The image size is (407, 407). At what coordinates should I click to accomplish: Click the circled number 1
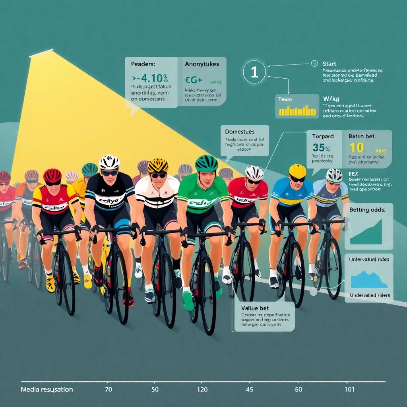point(254,72)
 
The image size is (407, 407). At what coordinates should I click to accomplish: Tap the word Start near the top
point(329,64)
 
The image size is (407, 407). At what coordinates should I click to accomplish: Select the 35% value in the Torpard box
point(321,147)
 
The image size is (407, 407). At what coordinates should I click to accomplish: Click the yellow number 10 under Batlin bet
point(357,147)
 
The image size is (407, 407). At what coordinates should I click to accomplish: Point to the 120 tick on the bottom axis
point(202,390)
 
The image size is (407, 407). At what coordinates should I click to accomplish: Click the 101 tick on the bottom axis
point(349,390)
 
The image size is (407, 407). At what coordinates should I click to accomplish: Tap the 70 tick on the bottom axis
point(108,390)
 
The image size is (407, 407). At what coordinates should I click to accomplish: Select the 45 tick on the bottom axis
point(250,390)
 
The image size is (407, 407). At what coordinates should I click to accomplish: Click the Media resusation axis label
point(47,390)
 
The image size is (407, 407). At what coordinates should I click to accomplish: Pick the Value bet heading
point(255,307)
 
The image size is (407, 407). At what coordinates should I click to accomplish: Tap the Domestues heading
point(240,131)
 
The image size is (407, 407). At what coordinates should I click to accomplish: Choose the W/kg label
point(331,98)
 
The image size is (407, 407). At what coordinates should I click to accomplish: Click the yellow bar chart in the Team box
point(297,110)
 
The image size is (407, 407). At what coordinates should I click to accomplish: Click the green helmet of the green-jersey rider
point(207,163)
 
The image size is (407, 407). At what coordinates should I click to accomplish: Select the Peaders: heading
point(140,64)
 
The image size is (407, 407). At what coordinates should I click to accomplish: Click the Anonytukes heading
point(202,64)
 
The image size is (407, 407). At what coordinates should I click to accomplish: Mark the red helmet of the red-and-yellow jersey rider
point(52,175)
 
